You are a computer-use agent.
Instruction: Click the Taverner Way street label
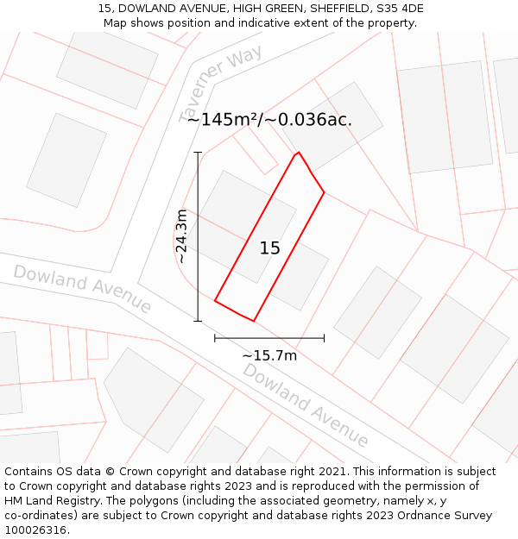(220, 85)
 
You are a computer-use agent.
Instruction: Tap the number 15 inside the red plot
(270, 248)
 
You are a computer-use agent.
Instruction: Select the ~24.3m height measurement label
(182, 236)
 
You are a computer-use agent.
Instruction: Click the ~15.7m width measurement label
(269, 355)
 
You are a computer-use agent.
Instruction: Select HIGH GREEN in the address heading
(259, 9)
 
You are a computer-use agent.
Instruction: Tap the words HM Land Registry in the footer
(50, 500)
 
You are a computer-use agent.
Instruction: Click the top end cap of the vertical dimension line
(198, 153)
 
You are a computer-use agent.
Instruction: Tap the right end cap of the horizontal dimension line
(324, 338)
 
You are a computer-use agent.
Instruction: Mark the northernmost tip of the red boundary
(299, 153)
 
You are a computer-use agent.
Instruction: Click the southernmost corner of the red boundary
(253, 321)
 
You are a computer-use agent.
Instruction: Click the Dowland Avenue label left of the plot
(82, 289)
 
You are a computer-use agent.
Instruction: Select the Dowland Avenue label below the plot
(306, 404)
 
